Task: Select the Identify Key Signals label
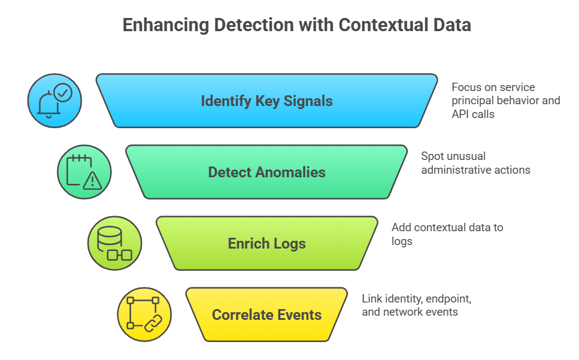266,101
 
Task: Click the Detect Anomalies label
266,173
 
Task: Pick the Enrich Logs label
266,244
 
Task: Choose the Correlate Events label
266,315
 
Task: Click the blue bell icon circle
54,101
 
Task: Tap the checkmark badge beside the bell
62,92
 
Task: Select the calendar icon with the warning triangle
84,173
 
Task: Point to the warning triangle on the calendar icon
92,180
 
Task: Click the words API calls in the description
473,114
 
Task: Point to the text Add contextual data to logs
447,234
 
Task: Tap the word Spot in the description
432,156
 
